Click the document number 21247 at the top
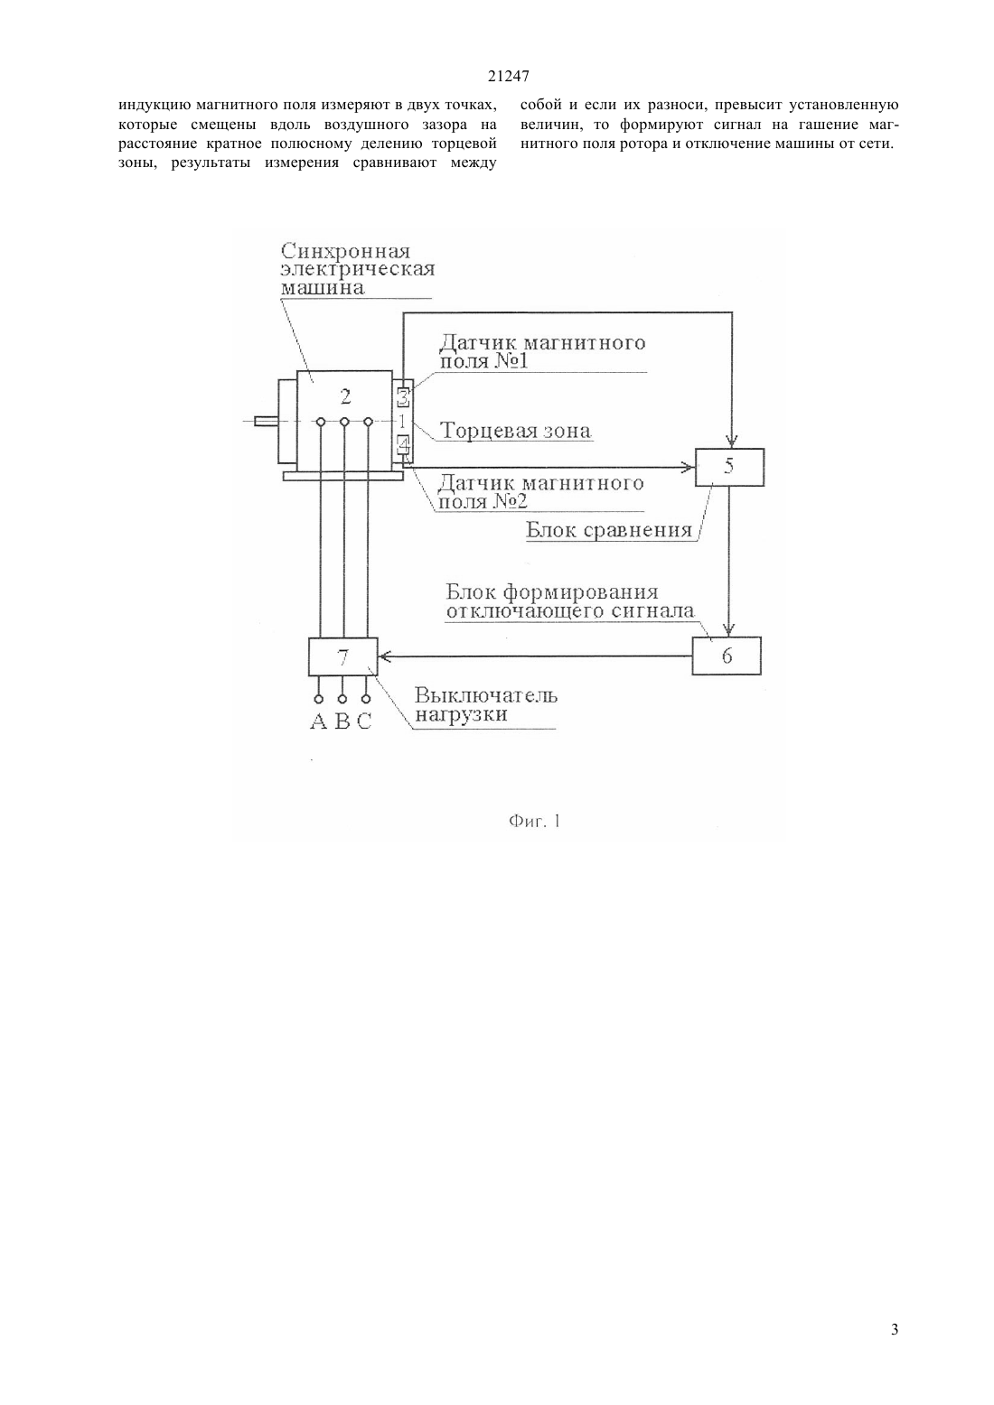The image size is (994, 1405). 508,76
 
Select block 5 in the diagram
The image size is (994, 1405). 729,468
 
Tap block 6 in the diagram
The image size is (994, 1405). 727,656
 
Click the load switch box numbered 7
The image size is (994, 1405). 343,656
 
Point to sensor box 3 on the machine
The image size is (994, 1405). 403,397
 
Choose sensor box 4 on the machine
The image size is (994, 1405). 403,445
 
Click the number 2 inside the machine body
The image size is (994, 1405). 345,396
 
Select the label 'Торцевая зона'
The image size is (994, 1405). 515,431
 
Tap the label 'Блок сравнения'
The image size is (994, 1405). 609,530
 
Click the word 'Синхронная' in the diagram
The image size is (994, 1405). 345,252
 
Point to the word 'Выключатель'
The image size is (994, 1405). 486,695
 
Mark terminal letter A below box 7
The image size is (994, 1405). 318,722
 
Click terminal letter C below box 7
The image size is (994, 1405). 364,722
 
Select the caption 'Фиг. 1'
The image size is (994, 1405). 534,821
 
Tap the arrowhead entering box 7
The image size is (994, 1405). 385,656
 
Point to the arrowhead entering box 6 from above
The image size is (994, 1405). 728,629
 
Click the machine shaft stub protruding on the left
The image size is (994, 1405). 266,422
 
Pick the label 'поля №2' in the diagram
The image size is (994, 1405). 483,501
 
